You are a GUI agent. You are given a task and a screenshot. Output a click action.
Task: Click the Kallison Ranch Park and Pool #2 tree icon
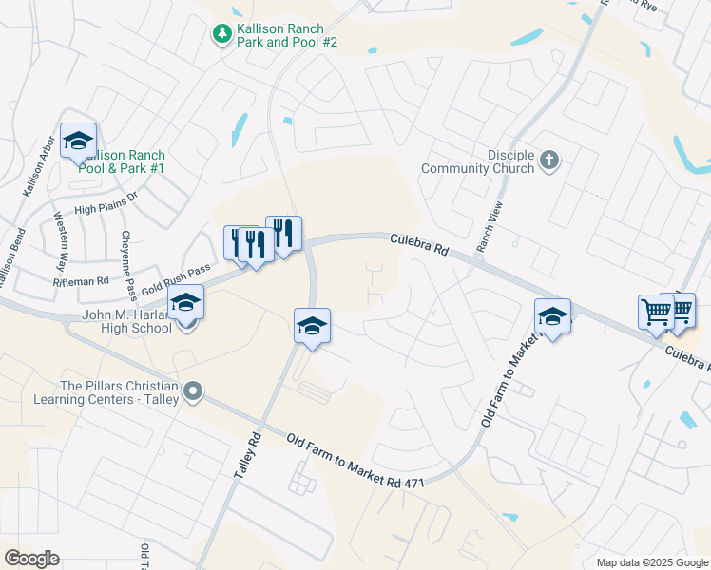click(x=221, y=34)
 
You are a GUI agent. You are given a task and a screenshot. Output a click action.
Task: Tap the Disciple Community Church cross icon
click(x=548, y=161)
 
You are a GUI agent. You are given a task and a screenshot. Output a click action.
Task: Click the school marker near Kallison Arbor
click(x=79, y=142)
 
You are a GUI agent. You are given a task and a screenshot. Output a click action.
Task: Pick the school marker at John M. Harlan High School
click(x=185, y=304)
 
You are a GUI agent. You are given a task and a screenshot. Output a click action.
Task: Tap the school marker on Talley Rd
click(x=312, y=327)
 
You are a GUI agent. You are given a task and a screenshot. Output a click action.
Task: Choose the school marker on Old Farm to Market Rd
click(x=552, y=317)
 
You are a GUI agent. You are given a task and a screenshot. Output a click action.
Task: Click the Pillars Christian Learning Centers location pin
click(x=193, y=391)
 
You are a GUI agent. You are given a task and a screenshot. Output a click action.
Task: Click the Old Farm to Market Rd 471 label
click(x=355, y=461)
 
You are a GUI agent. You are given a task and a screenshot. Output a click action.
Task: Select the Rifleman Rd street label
click(x=83, y=280)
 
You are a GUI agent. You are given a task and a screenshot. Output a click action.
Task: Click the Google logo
click(x=31, y=559)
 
